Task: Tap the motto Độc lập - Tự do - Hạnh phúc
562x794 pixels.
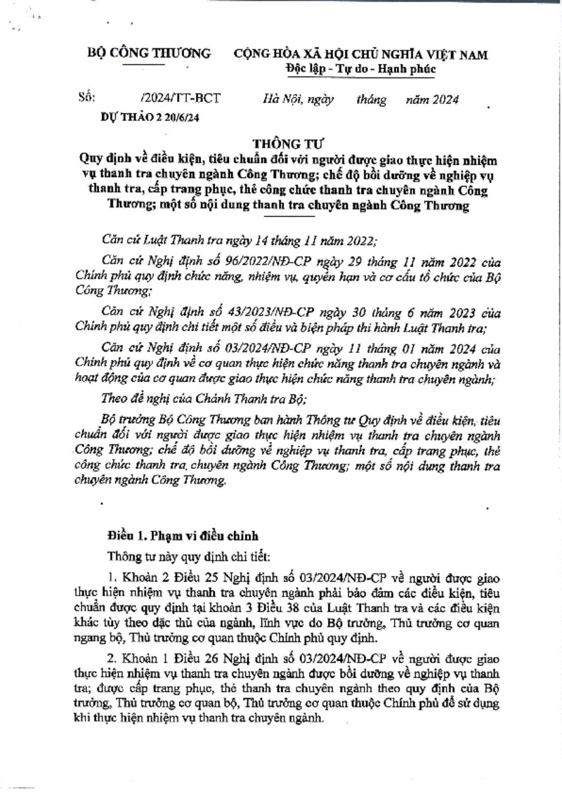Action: [361, 69]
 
